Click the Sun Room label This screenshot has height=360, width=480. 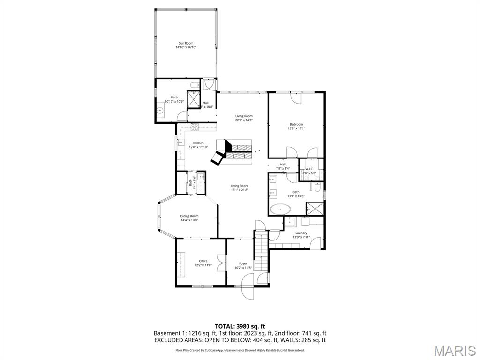point(186,43)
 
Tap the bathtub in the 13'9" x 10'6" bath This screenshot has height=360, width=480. point(280,209)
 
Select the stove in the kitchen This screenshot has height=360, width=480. point(195,127)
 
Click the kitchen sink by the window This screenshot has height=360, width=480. point(180,142)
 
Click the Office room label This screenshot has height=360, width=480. point(203,261)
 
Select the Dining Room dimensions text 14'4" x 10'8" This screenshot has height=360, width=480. point(189,220)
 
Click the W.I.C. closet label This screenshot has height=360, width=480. point(309,169)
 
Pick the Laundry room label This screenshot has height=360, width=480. point(301,233)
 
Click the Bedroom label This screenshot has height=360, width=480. point(296,124)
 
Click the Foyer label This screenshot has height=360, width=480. point(243,263)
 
